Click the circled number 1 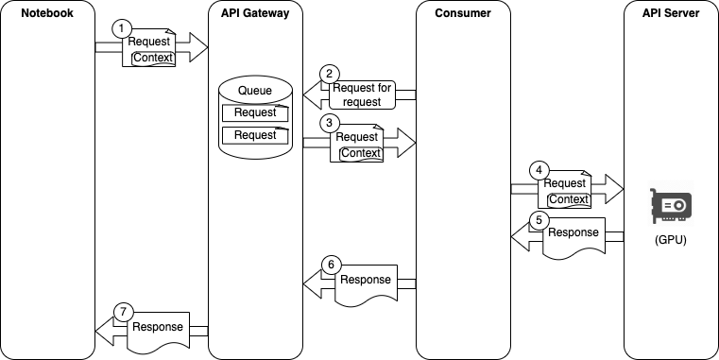121,29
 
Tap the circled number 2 330,74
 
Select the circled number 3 330,123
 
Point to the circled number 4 539,170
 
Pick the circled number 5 539,220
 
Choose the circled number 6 331,266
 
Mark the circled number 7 123,313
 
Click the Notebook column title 47,13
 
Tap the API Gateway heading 255,13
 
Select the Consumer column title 463,13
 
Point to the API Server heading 671,13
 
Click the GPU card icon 671,205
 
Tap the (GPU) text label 671,240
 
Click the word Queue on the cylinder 255,91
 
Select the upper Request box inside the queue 255,112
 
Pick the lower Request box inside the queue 255,135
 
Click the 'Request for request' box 362,94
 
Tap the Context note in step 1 154,59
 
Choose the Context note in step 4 569,199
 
